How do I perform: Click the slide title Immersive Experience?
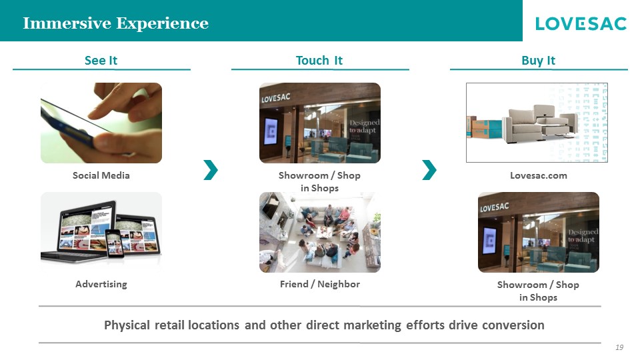(115, 23)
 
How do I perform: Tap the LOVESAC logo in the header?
(581, 24)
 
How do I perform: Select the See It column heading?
(101, 61)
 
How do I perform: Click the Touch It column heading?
(319, 61)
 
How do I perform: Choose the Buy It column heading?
(539, 61)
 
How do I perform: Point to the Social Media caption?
(101, 175)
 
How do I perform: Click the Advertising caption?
(101, 284)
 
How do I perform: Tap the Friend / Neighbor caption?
(320, 284)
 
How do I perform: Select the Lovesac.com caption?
(539, 175)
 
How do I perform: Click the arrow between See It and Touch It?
(211, 170)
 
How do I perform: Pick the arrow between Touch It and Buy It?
(429, 170)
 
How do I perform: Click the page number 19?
(619, 347)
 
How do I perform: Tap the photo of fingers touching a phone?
(101, 123)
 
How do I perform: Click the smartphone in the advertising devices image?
(115, 243)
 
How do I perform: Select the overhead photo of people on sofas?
(320, 232)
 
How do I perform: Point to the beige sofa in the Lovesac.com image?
(539, 123)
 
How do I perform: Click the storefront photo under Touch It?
(320, 123)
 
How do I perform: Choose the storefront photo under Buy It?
(539, 232)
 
